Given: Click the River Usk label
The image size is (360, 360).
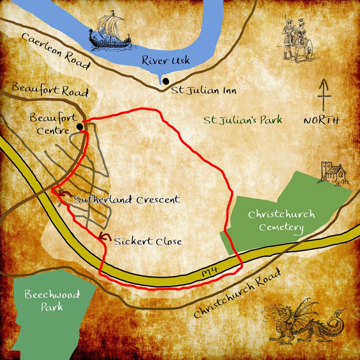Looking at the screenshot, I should point(165,61).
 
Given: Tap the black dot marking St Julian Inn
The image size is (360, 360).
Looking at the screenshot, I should point(166,81).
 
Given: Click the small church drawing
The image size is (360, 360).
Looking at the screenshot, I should point(334,173).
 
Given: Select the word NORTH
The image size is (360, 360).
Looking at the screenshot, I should point(322,120).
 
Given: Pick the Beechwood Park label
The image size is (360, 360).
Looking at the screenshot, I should point(52,300).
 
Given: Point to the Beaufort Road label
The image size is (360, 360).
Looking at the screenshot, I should point(49,90).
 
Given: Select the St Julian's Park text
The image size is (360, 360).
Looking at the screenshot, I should point(243,120).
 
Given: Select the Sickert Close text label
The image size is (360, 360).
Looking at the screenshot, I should point(147,241).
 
